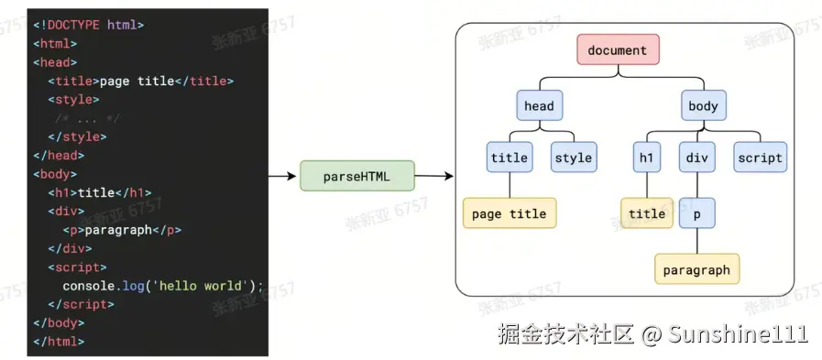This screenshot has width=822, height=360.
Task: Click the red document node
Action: click(x=618, y=49)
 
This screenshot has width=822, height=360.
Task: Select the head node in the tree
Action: click(x=539, y=106)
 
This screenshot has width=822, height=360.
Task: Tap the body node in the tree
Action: click(x=703, y=106)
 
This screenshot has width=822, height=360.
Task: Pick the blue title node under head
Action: click(x=509, y=158)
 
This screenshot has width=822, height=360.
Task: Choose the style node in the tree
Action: click(x=574, y=158)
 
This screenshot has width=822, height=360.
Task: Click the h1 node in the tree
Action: click(x=646, y=158)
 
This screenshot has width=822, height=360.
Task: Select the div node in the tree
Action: click(x=696, y=158)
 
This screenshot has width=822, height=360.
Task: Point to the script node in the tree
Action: click(x=760, y=158)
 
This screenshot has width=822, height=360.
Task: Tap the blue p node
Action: click(x=696, y=213)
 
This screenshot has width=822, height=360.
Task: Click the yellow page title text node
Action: click(x=509, y=213)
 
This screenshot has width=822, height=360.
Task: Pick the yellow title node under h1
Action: click(x=646, y=213)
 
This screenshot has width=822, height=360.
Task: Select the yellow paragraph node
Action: click(x=696, y=269)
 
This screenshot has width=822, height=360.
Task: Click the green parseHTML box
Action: click(x=357, y=176)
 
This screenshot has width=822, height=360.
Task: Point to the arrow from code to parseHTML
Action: click(x=282, y=176)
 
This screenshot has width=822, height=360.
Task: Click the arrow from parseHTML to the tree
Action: click(x=434, y=176)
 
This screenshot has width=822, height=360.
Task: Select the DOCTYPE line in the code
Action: click(x=89, y=25)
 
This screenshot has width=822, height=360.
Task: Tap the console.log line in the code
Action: click(x=162, y=286)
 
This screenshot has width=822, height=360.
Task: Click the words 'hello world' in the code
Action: click(x=203, y=286)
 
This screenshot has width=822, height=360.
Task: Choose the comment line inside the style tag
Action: click(x=88, y=118)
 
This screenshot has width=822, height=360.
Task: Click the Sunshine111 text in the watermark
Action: click(x=738, y=333)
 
